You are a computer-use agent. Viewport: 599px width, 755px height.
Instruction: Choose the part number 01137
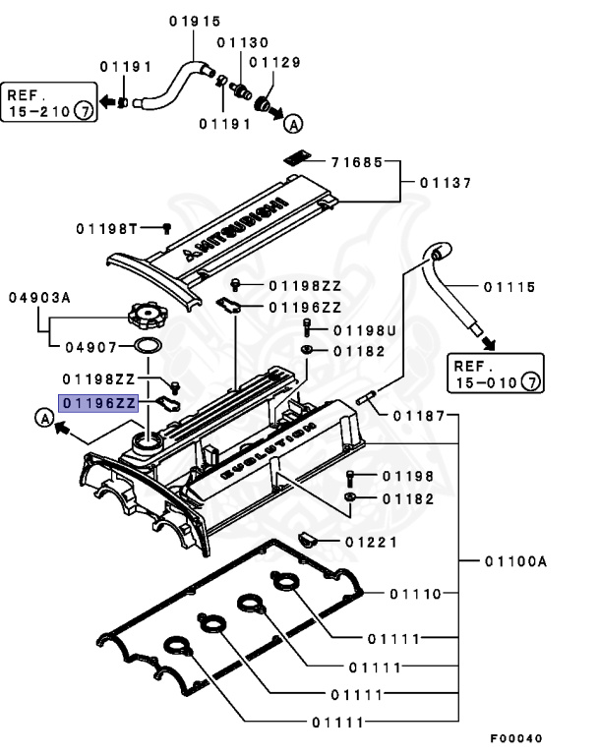[446, 182]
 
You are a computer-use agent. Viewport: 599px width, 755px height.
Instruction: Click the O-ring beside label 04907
[147, 346]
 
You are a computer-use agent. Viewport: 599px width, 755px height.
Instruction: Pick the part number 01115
[509, 287]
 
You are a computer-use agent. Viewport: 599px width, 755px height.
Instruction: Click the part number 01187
[419, 416]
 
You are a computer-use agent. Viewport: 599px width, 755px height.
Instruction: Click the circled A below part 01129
[292, 124]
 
